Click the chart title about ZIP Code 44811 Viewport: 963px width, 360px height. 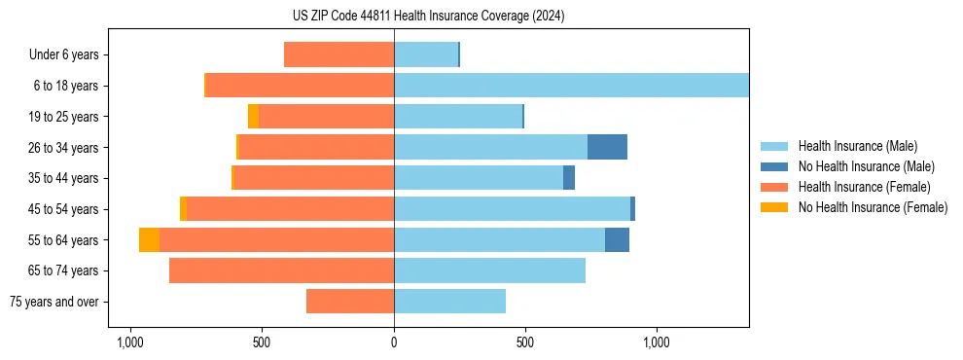click(428, 17)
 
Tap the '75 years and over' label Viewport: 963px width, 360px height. click(54, 302)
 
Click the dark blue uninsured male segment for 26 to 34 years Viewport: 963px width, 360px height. click(607, 147)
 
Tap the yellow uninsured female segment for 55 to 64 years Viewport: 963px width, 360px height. click(149, 240)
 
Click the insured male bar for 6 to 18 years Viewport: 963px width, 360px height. click(571, 86)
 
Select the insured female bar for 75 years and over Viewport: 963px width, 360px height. click(350, 302)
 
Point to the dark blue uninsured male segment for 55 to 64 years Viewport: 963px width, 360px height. click(617, 240)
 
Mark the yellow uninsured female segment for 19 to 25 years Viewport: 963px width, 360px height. click(253, 117)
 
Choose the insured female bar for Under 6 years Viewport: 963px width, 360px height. click(339, 55)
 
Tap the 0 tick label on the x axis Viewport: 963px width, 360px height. click(394, 342)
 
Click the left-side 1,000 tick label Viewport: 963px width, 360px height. click(129, 342)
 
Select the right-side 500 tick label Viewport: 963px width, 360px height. click(525, 342)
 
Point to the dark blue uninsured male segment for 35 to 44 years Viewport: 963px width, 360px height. click(569, 178)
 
